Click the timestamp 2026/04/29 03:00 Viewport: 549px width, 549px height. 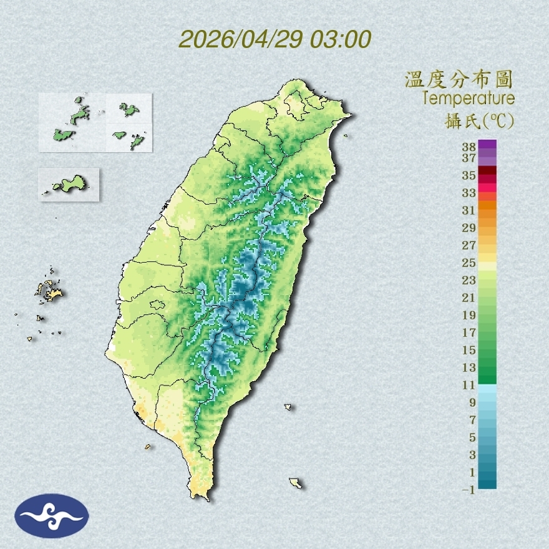(274, 39)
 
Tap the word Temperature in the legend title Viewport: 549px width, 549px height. (468, 99)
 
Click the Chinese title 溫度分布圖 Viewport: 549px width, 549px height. (459, 80)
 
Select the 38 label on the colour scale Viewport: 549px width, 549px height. (469, 147)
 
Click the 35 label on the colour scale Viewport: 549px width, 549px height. (469, 175)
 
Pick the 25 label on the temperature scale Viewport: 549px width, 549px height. (469, 262)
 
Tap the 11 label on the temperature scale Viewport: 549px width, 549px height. (469, 385)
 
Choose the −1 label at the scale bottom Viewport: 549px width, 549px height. (469, 490)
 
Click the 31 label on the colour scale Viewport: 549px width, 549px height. (469, 210)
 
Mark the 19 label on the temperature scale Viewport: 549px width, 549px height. (469, 315)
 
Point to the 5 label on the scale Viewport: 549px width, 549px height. (472, 437)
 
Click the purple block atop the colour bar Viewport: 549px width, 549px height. (487, 144)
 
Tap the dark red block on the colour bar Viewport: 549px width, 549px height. (487, 171)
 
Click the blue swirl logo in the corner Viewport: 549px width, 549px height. (52, 516)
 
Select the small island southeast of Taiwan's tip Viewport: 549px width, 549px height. (296, 483)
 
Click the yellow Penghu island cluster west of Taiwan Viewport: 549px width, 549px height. (49, 290)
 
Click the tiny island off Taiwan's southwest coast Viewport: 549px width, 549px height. (148, 446)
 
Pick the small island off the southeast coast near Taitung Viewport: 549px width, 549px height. (288, 407)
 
